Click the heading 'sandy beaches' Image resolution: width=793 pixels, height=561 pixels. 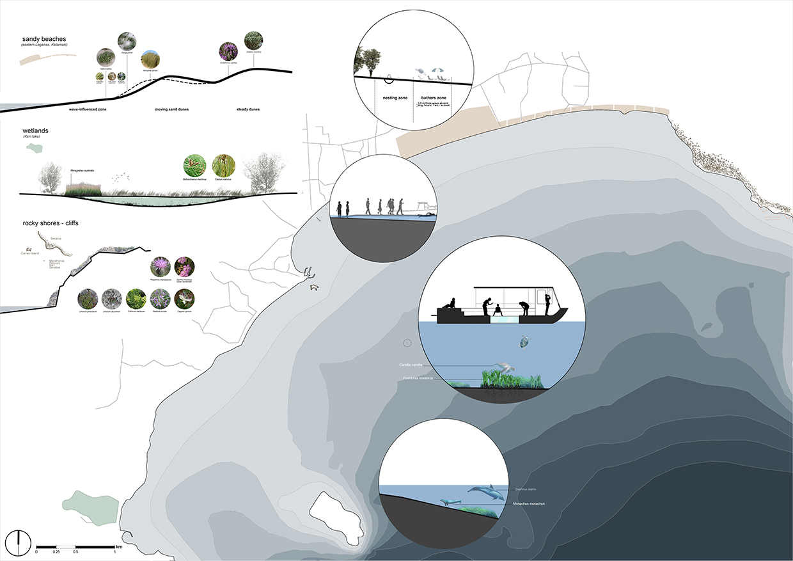tap(44, 40)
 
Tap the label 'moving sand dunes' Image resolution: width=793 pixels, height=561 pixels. tap(172, 109)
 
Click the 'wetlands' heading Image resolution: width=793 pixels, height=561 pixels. tap(36, 131)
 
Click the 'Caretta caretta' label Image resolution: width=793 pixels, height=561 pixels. tap(409, 365)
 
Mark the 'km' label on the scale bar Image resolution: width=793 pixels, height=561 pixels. tap(118, 547)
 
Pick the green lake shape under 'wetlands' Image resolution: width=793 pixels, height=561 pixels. tap(31, 148)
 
